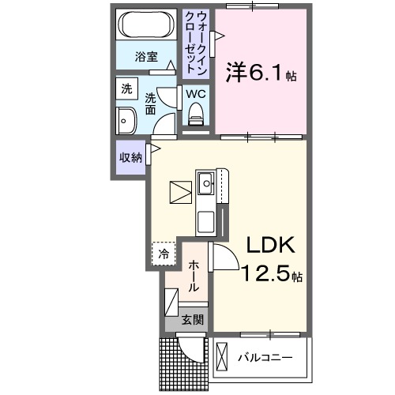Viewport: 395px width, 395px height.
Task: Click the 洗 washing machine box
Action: (x=126, y=89)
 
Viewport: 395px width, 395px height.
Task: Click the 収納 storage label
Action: (x=130, y=157)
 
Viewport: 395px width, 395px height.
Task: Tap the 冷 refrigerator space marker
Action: (x=162, y=254)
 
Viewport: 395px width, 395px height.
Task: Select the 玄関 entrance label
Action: (x=192, y=320)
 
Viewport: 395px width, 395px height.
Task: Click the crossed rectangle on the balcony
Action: (x=220, y=357)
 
